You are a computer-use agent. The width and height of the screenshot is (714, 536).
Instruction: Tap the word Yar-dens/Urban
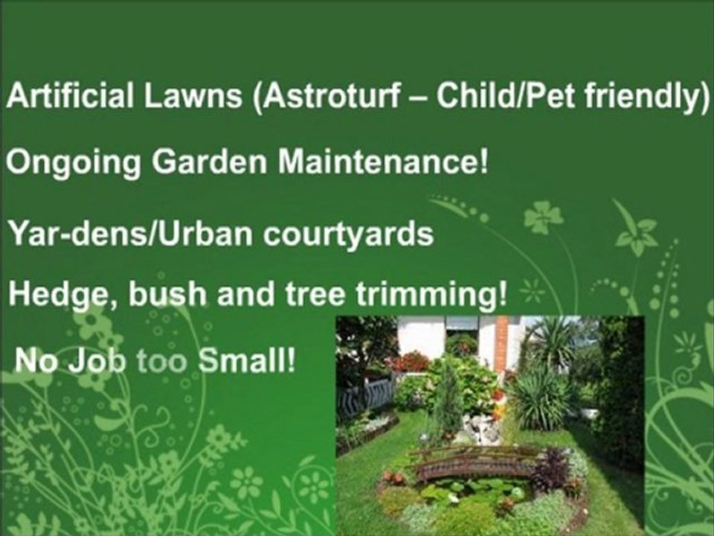[122, 234]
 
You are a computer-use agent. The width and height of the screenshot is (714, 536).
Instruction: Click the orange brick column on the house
[502, 342]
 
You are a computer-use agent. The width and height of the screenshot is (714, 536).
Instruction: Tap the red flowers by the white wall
[410, 362]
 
